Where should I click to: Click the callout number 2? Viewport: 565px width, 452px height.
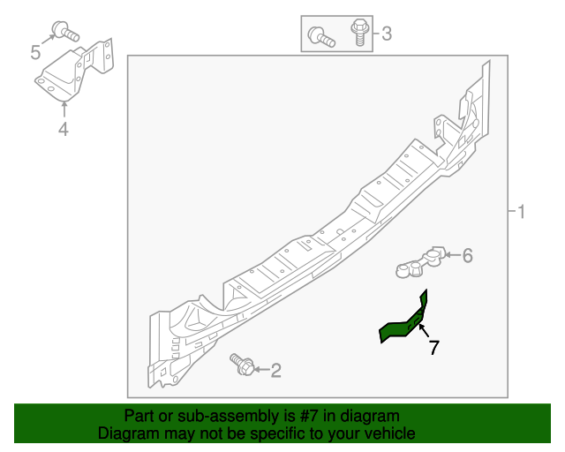[275, 371]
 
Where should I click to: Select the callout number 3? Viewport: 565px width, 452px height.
[386, 35]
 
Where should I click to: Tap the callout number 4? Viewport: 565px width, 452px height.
[64, 131]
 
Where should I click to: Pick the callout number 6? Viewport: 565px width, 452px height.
[467, 256]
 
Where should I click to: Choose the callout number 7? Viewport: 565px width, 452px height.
[433, 348]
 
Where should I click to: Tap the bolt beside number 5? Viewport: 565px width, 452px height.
[64, 33]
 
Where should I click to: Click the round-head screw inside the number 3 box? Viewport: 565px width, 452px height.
[320, 37]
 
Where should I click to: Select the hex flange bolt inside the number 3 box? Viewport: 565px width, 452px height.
[358, 33]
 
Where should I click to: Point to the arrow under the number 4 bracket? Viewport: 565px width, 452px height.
[64, 109]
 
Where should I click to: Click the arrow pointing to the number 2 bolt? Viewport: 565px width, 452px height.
[260, 370]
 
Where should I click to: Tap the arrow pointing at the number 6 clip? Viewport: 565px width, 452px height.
[449, 256]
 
